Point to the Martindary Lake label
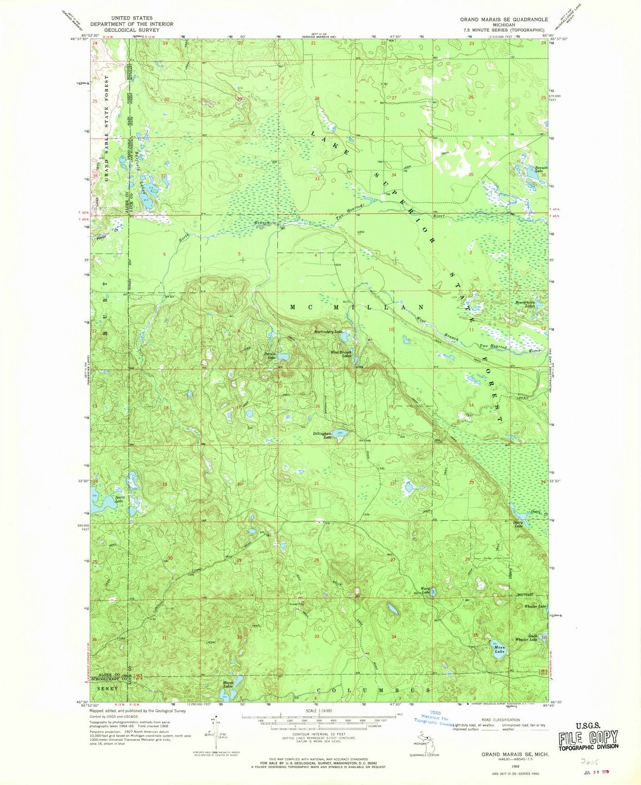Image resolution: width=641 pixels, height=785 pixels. pos(328,331)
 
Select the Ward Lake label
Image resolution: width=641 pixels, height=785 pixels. pos(425,591)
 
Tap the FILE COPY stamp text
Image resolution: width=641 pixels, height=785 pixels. pos(588,737)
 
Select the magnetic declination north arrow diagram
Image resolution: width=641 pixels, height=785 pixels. pos(211,731)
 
